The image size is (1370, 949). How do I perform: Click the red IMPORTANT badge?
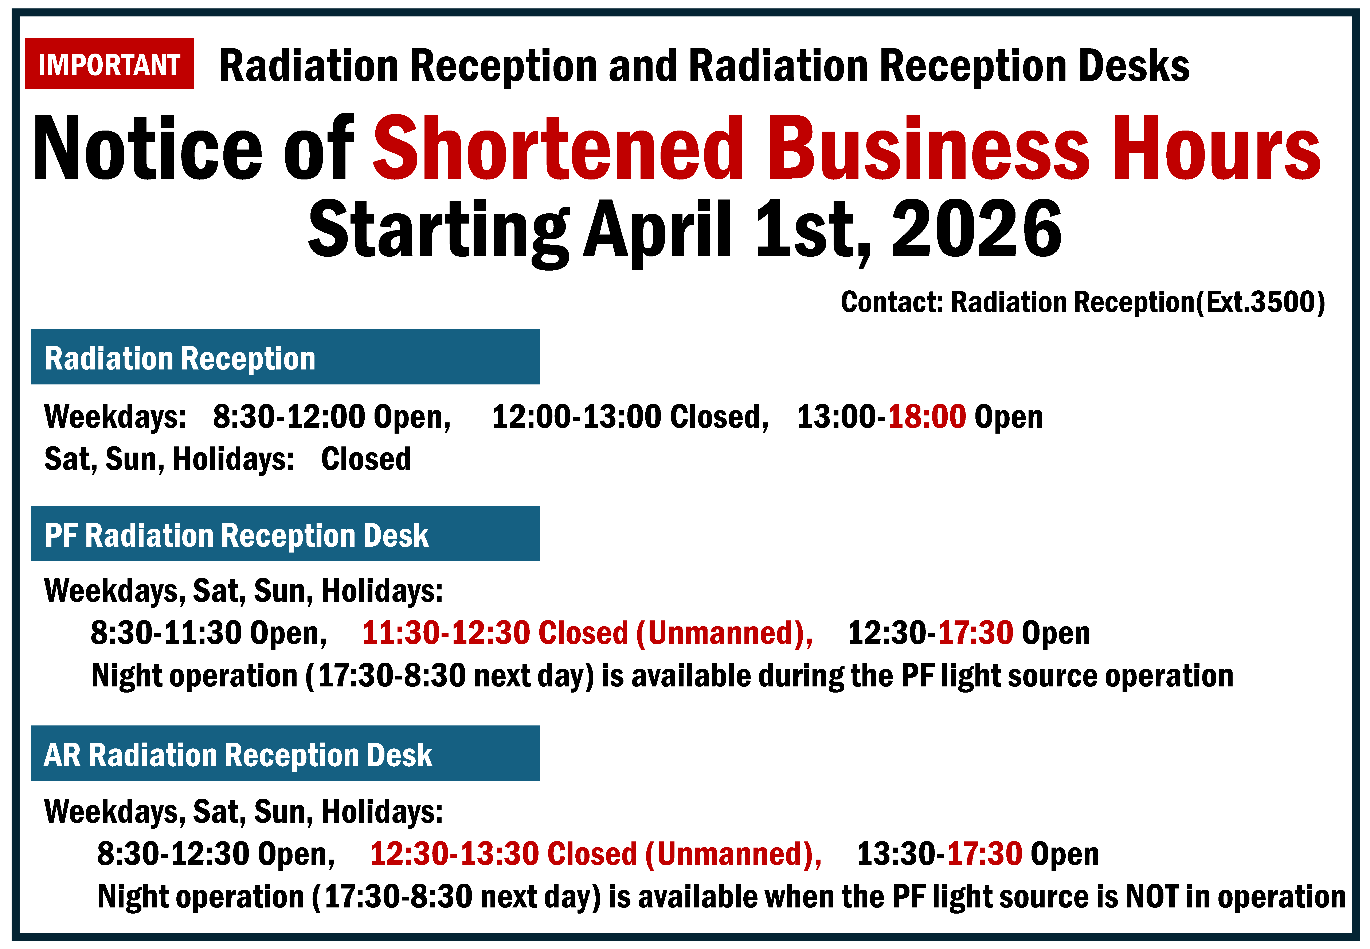(x=109, y=64)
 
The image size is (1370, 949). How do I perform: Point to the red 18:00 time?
(x=926, y=416)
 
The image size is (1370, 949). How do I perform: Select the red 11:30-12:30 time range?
(x=446, y=632)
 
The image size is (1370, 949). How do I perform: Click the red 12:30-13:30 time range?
(x=454, y=853)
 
